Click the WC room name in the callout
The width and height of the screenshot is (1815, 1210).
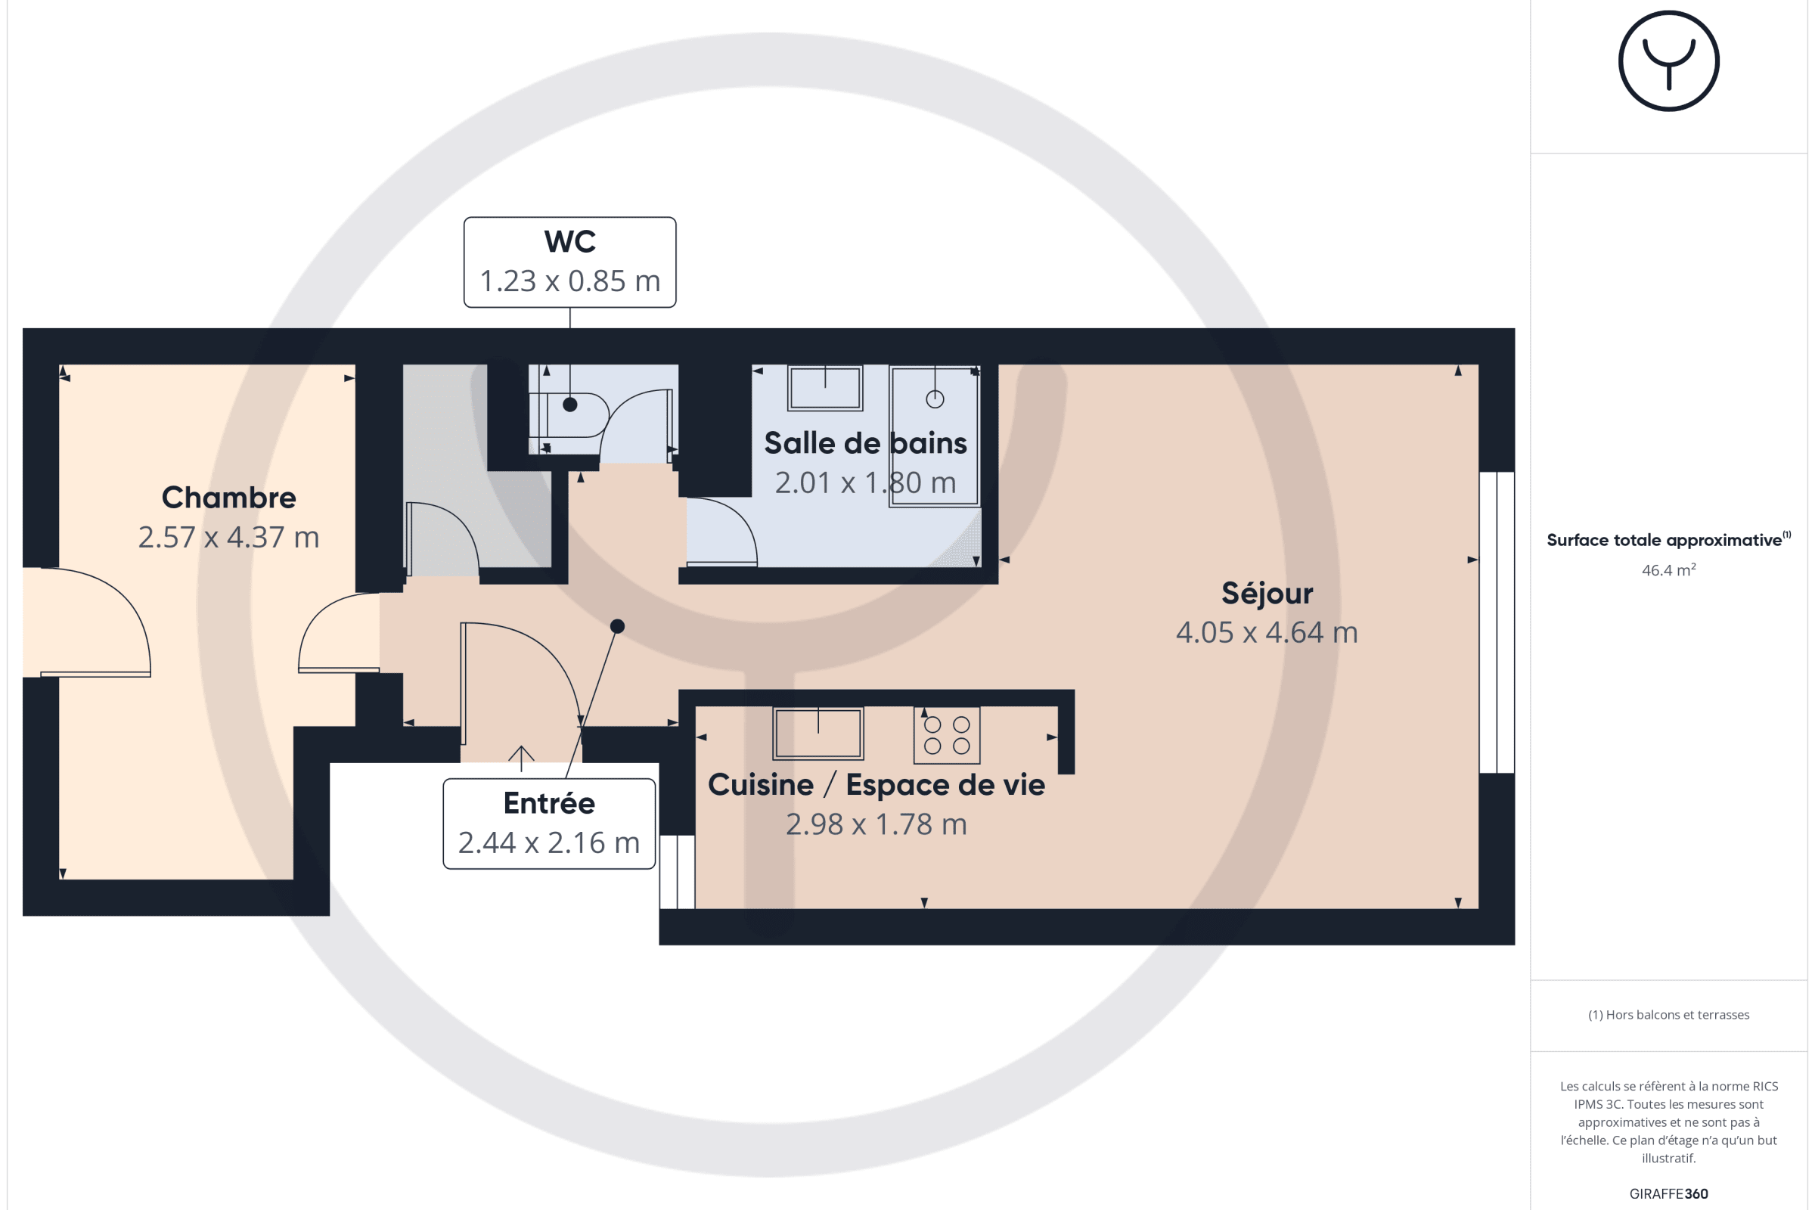(x=569, y=241)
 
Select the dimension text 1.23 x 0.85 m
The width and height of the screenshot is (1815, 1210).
(x=569, y=281)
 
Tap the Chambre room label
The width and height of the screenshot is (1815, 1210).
(x=228, y=498)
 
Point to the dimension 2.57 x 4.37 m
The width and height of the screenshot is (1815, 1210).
(x=228, y=537)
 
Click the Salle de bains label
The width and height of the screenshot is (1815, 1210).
(x=865, y=443)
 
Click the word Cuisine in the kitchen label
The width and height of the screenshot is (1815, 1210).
(x=761, y=785)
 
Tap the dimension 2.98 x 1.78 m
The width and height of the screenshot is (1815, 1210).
(x=876, y=824)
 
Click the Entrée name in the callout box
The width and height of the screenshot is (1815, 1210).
(x=549, y=803)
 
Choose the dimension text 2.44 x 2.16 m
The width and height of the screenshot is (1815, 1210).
(x=549, y=842)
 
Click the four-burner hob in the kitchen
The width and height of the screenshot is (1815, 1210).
(x=947, y=735)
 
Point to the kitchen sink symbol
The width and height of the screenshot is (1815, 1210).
(x=818, y=733)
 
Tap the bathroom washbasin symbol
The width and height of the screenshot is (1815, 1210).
(x=825, y=388)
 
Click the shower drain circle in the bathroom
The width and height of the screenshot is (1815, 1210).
(x=935, y=399)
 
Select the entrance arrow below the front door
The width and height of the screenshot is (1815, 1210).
(x=521, y=759)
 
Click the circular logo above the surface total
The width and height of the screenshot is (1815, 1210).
(x=1668, y=61)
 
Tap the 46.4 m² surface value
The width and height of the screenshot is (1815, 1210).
(x=1668, y=570)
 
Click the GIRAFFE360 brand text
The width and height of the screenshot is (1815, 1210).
(x=1668, y=1194)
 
